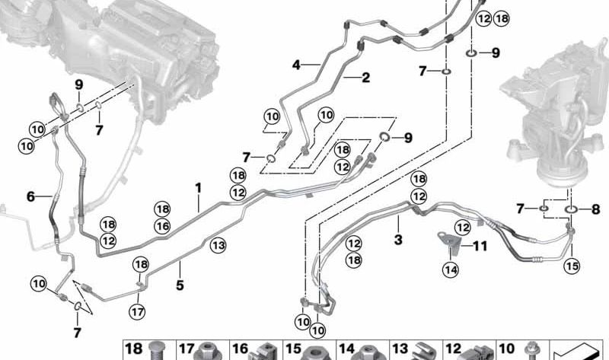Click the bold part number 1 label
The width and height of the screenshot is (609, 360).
pyautogui.click(x=198, y=186)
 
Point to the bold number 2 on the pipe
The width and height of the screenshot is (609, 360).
pyautogui.click(x=366, y=77)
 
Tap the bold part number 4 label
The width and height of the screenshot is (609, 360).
pyautogui.click(x=296, y=65)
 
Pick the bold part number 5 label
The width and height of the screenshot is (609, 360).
pyautogui.click(x=180, y=265)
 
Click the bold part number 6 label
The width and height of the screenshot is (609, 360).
pyautogui.click(x=31, y=196)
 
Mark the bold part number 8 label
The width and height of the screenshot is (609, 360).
pyautogui.click(x=595, y=209)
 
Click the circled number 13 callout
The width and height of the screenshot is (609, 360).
pyautogui.click(x=218, y=244)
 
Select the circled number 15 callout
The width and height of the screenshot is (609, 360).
pyautogui.click(x=572, y=266)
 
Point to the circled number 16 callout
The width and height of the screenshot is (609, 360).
pyautogui.click(x=161, y=226)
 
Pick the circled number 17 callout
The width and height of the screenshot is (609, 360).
pyautogui.click(x=136, y=311)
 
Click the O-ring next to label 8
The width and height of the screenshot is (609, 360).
pyautogui.click(x=571, y=209)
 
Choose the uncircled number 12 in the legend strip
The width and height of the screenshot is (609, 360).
pyautogui.click(x=453, y=349)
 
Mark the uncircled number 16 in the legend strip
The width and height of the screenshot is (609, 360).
pyautogui.click(x=240, y=349)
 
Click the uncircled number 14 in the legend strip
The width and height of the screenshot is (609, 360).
pyautogui.click(x=346, y=349)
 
